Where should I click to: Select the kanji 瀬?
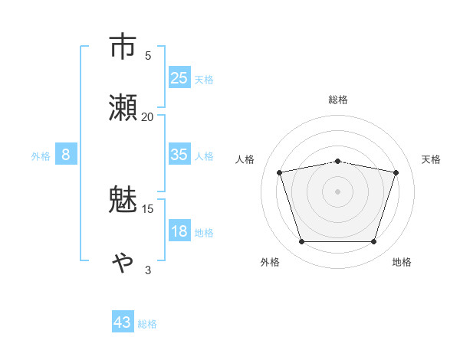[x=124, y=107]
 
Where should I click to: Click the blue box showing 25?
[x=179, y=78]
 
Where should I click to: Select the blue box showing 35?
[x=179, y=155]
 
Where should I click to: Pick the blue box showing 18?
[x=179, y=231]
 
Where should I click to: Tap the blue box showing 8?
[x=66, y=155]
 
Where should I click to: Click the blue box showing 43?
[x=123, y=322]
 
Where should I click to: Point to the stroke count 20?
[x=147, y=116]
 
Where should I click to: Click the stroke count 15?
[x=147, y=208]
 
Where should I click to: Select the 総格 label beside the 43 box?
[x=147, y=324]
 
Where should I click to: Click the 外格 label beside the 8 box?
[x=41, y=155]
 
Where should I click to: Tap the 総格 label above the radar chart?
[x=337, y=100]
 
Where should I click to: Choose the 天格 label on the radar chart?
[x=431, y=159]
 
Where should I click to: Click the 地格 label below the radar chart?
[x=402, y=262]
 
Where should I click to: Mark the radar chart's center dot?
[x=337, y=191]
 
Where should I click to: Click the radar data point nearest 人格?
[x=280, y=172]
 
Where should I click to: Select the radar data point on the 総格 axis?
[x=337, y=161]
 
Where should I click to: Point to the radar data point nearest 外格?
[x=301, y=242]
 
